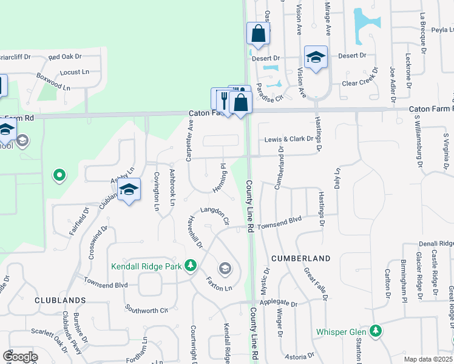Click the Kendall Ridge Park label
pos(146,266)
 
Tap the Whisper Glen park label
pos(342,332)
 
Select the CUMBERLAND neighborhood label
pos(300,258)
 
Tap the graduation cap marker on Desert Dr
pos(316,58)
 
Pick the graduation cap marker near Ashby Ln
pos(129,190)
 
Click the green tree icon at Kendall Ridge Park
pos(191,265)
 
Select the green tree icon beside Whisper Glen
pos(377,331)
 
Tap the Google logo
pos(21,357)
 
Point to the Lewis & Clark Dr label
pos(288,139)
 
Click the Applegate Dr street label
pos(279,302)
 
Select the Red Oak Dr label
pos(65,56)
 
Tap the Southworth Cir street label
pos(146,309)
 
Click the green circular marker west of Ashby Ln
pos(59,176)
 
